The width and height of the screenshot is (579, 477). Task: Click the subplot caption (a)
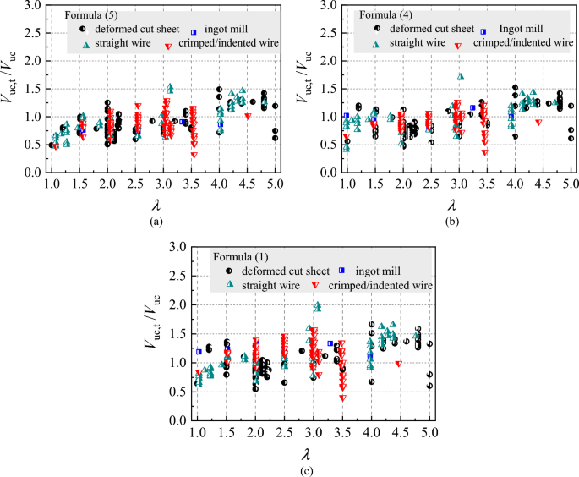pyautogui.click(x=154, y=222)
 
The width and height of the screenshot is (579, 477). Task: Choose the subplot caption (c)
pyautogui.click(x=301, y=468)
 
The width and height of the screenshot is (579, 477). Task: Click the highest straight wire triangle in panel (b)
pyautogui.click(x=461, y=76)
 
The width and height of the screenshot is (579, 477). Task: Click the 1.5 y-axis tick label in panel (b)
pyautogui.click(x=325, y=89)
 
